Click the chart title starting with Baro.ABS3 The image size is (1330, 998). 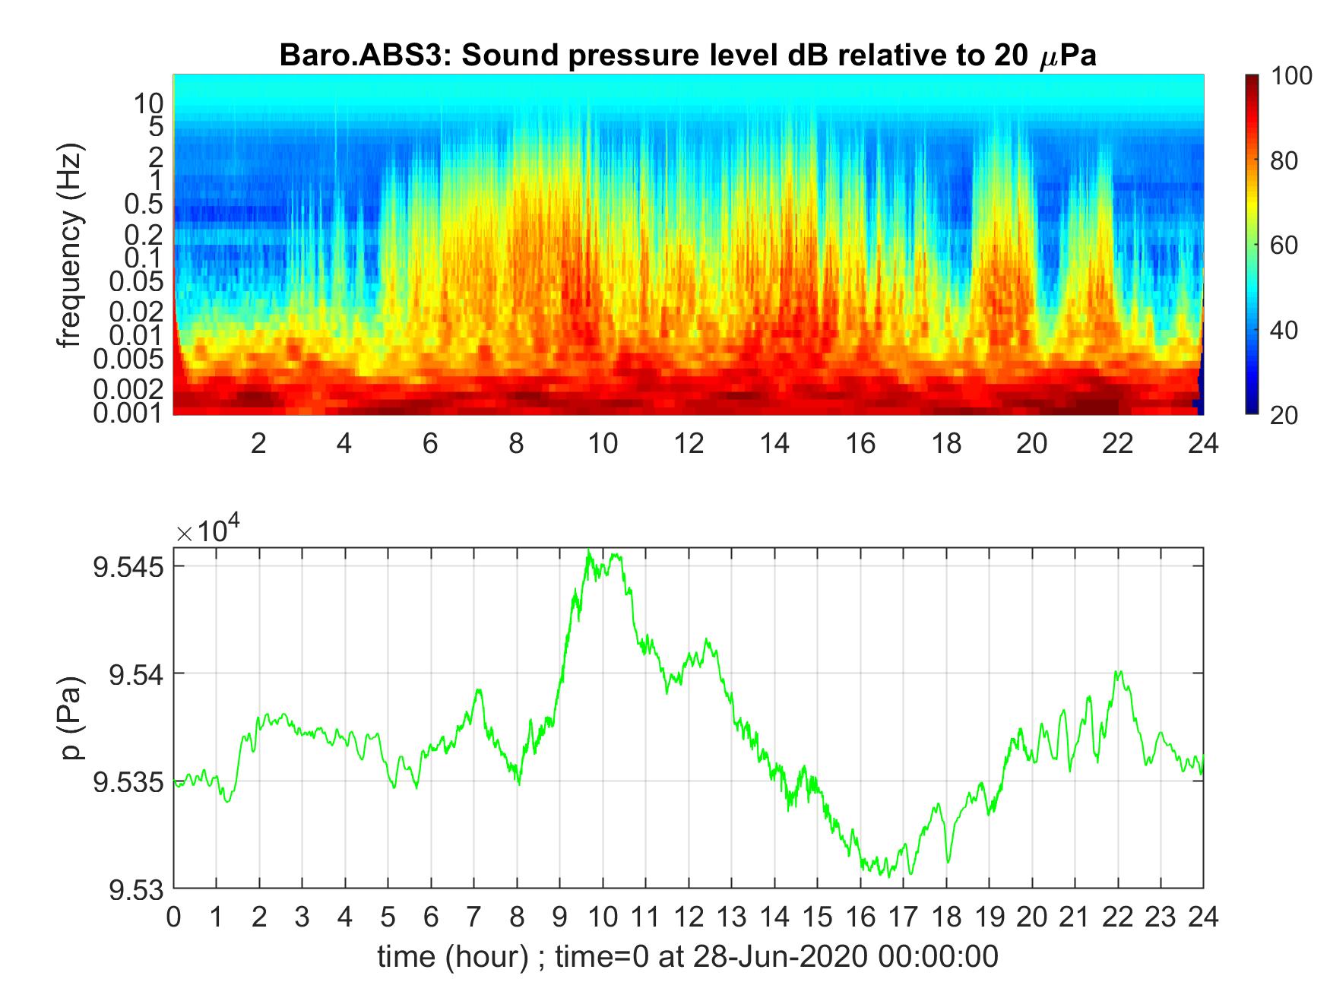click(688, 55)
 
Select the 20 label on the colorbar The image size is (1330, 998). click(1283, 415)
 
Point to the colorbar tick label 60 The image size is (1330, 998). click(1283, 246)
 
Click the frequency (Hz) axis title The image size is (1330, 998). click(69, 245)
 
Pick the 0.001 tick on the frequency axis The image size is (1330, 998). click(128, 413)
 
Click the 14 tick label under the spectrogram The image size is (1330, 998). click(774, 443)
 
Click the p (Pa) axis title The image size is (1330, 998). click(73, 718)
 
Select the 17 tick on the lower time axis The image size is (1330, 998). click(903, 917)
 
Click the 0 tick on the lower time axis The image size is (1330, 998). click(174, 917)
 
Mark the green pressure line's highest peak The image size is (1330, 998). click(588, 550)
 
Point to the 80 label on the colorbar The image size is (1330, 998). click(1283, 160)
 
